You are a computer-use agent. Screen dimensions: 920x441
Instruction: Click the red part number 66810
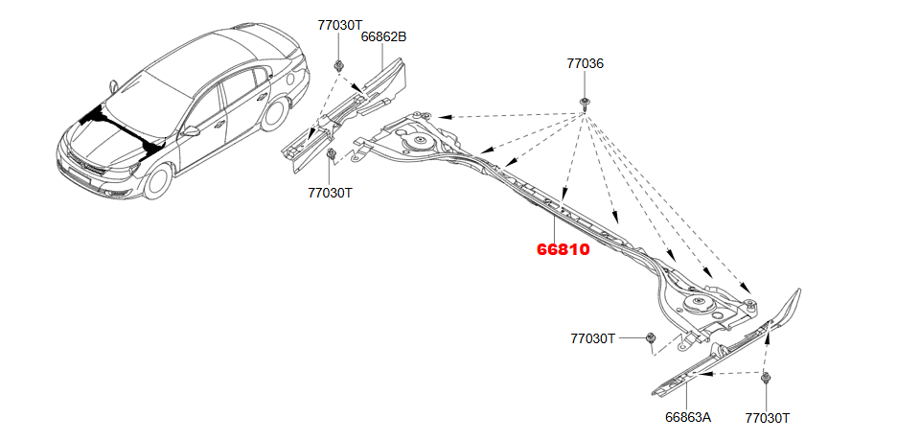point(563,249)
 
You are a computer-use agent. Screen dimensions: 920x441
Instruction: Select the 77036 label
point(585,63)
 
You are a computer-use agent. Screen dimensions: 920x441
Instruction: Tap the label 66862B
point(383,36)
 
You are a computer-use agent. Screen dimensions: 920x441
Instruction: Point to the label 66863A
point(688,417)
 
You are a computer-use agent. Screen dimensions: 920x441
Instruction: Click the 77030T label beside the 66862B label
point(340,25)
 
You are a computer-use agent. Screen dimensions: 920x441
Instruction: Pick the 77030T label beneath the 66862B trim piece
point(331,193)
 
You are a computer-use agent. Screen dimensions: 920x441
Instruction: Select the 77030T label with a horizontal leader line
point(593,338)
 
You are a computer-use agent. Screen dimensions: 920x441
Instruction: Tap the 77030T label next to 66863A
point(768,418)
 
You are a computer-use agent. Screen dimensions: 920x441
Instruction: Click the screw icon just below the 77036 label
point(585,104)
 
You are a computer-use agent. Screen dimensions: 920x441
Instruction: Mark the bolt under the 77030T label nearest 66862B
point(338,64)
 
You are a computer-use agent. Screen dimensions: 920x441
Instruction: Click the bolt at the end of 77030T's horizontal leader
point(650,337)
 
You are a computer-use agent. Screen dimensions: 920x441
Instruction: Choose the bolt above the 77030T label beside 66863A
point(766,378)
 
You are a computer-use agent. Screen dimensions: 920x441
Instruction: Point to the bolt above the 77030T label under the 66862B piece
point(331,154)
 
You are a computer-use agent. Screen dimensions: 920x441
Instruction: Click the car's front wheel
point(157,181)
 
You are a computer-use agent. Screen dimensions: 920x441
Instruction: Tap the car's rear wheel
point(275,113)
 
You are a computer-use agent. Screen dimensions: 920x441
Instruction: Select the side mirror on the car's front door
point(191,131)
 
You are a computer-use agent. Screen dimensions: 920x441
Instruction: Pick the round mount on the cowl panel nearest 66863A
point(698,304)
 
